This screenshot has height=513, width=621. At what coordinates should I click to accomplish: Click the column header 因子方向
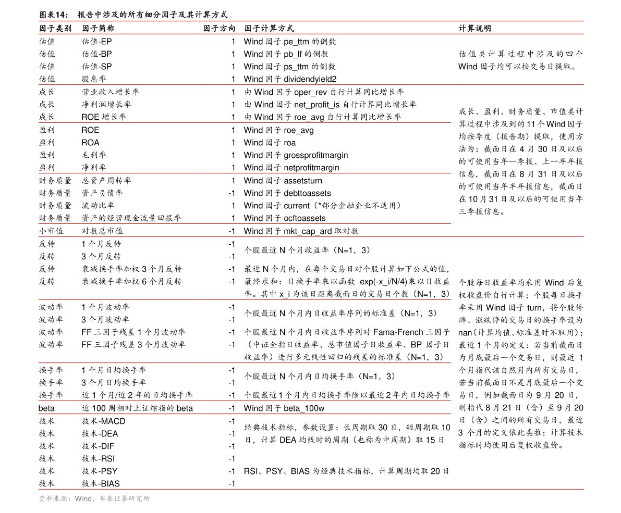pyautogui.click(x=219, y=29)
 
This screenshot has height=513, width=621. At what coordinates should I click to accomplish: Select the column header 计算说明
pyautogui.click(x=475, y=29)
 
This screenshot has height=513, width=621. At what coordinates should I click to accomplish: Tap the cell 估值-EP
pyautogui.click(x=96, y=42)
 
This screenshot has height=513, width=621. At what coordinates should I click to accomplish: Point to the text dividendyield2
pyautogui.click(x=310, y=79)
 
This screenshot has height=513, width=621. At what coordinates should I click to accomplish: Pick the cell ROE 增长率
pyautogui.click(x=104, y=117)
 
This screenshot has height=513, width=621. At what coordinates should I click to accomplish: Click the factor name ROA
pyautogui.click(x=90, y=142)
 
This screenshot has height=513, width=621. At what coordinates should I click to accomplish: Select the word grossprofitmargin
pyautogui.click(x=315, y=155)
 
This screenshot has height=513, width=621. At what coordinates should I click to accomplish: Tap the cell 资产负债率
pyautogui.click(x=102, y=193)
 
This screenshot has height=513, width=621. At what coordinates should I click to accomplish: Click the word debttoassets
pyautogui.click(x=307, y=193)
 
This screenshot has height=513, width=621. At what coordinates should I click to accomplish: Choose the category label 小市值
pyautogui.click(x=51, y=231)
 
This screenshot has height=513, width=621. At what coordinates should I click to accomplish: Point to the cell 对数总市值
pyautogui.click(x=102, y=231)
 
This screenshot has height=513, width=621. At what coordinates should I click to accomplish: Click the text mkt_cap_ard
pyautogui.click(x=308, y=231)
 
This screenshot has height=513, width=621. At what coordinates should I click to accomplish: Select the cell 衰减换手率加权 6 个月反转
pyautogui.click(x=131, y=282)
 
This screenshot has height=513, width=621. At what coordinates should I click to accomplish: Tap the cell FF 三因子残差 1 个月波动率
pyautogui.click(x=133, y=332)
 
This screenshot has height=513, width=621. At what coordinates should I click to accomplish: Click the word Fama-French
pyautogui.click(x=398, y=332)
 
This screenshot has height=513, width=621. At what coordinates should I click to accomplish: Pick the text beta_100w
pyautogui.click(x=304, y=408)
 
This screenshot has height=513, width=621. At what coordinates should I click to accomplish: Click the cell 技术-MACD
pyautogui.click(x=103, y=421)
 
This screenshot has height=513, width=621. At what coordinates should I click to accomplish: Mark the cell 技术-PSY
pyautogui.click(x=100, y=471)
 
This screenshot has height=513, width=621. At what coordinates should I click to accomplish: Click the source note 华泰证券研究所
pyautogui.click(x=125, y=499)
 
